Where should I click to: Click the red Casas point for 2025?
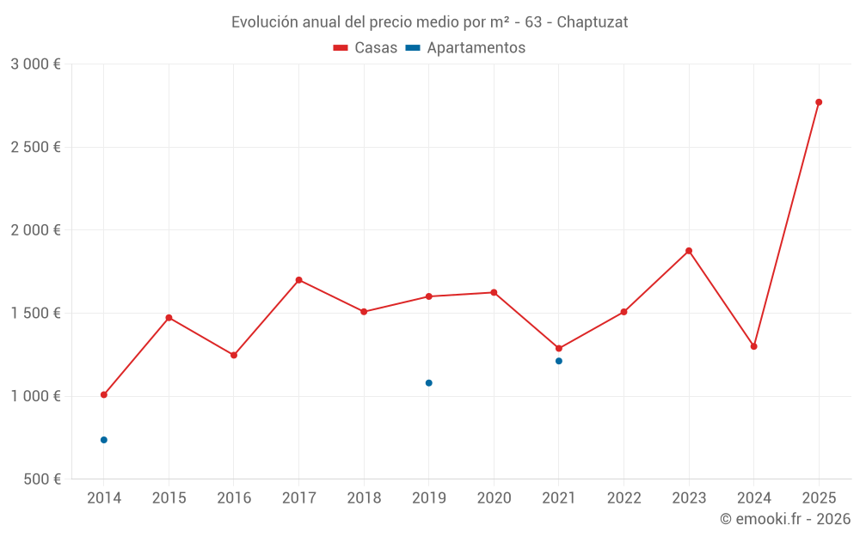pyautogui.click(x=819, y=102)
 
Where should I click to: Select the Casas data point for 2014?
pyautogui.click(x=104, y=395)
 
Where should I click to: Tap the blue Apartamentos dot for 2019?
pyautogui.click(x=429, y=383)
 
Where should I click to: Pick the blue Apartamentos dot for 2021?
pyautogui.click(x=559, y=361)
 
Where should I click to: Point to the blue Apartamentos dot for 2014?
pyautogui.click(x=104, y=440)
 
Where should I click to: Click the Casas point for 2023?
pyautogui.click(x=689, y=251)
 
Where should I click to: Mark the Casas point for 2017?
pyautogui.click(x=298, y=280)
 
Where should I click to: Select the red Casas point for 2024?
pyautogui.click(x=754, y=346)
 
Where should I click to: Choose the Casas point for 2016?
pyautogui.click(x=234, y=355)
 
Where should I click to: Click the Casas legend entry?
pyautogui.click(x=365, y=48)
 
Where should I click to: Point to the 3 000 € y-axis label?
pyautogui.click(x=35, y=64)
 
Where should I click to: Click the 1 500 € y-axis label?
pyautogui.click(x=35, y=314)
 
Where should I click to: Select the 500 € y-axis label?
pyautogui.click(x=42, y=479)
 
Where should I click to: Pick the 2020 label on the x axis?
pyautogui.click(x=494, y=498)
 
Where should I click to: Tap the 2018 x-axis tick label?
pyautogui.click(x=364, y=498)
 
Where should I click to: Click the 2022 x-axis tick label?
pyautogui.click(x=623, y=498)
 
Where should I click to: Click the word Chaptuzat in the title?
pyautogui.click(x=593, y=22)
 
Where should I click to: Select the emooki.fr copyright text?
pyautogui.click(x=785, y=519)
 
